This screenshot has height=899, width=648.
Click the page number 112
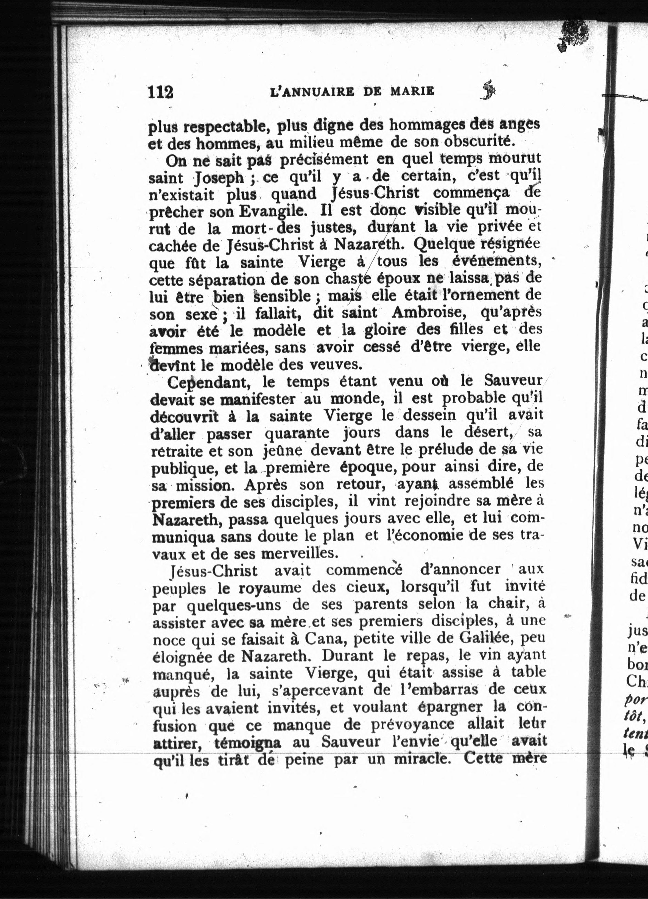pyautogui.click(x=161, y=92)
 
